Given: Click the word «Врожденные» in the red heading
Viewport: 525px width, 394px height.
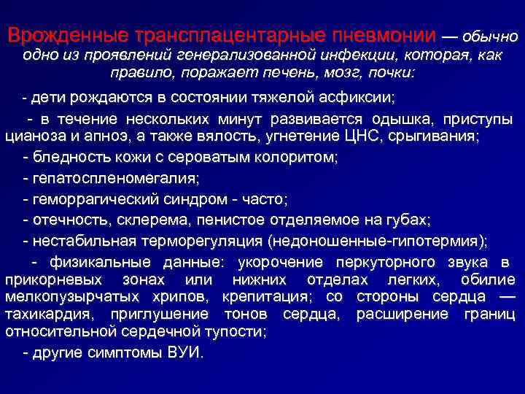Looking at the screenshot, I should tap(66, 36).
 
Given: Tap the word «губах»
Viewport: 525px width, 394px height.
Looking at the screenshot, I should tap(411, 220).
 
